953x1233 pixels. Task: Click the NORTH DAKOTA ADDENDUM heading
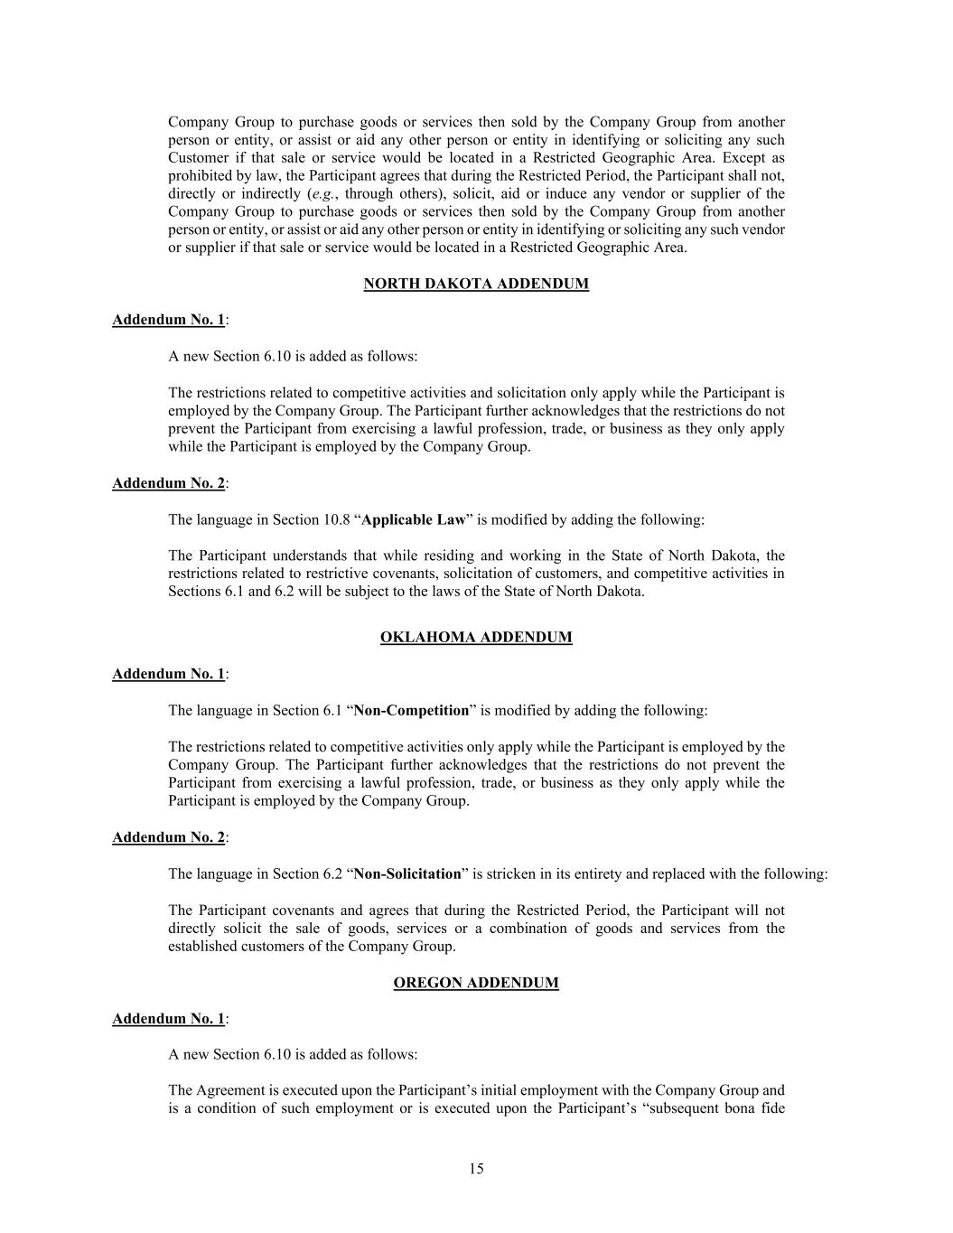pyautogui.click(x=476, y=284)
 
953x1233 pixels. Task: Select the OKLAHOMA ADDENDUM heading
pyautogui.click(x=476, y=637)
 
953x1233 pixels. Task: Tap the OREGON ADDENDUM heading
pyautogui.click(x=476, y=983)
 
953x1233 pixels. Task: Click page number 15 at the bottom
pyautogui.click(x=476, y=1169)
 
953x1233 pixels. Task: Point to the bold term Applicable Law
pyautogui.click(x=413, y=519)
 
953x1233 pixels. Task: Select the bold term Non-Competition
pyautogui.click(x=411, y=710)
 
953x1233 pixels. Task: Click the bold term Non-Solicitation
pyautogui.click(x=407, y=873)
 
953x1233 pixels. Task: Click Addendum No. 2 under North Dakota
pyautogui.click(x=168, y=483)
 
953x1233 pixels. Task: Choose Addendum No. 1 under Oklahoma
pyautogui.click(x=168, y=674)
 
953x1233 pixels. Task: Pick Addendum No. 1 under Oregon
pyautogui.click(x=168, y=1019)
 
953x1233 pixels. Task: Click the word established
pyautogui.click(x=201, y=947)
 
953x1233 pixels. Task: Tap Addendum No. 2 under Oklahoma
pyautogui.click(x=168, y=837)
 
